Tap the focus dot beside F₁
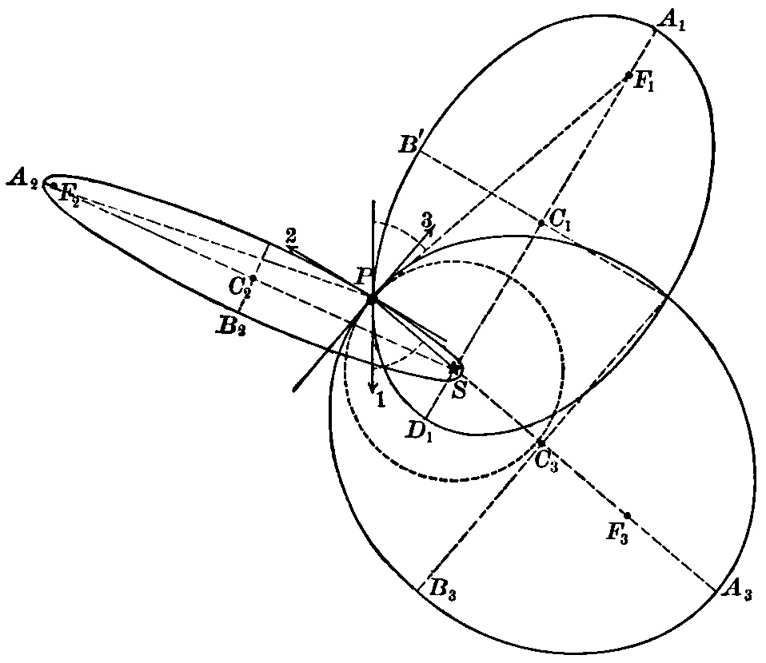coord(630,76)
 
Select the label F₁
coord(644,84)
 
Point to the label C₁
coord(560,217)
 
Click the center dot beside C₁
coord(541,223)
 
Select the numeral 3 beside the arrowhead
coord(428,218)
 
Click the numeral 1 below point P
coord(381,400)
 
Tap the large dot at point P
coord(372,299)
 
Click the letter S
coord(458,390)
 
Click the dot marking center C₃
coord(541,442)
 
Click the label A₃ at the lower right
coord(736,591)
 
